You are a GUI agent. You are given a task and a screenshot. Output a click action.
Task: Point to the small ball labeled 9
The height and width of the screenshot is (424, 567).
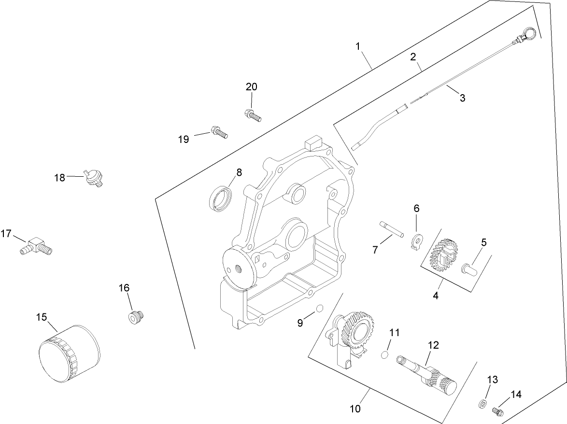click(319, 309)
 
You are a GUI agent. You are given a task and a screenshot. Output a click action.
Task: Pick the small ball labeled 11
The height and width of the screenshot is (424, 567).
click(384, 355)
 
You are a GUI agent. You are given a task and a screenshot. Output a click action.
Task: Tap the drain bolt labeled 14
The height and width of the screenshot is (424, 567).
click(496, 411)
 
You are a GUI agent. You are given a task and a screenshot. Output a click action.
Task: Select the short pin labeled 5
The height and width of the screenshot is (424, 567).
click(470, 267)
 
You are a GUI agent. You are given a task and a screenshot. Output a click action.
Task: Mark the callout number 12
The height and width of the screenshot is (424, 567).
click(433, 345)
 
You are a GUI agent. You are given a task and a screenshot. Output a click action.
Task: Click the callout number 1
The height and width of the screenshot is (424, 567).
click(358, 46)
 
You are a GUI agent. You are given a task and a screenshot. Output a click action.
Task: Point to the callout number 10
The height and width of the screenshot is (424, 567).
click(355, 409)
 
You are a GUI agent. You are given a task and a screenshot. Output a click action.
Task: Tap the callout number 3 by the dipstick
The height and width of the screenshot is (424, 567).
click(462, 98)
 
